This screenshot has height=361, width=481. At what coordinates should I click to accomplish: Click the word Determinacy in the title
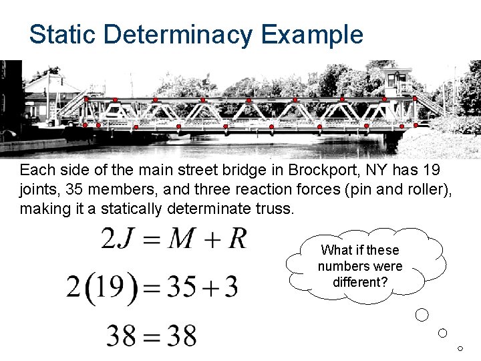pos(179,34)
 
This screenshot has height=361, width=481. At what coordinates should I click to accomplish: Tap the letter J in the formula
pos(127,239)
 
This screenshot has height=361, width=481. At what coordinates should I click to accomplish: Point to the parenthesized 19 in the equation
pos(111,287)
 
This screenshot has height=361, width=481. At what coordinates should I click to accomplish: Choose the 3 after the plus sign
pos(230,287)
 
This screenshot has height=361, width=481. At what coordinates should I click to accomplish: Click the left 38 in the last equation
pos(121,336)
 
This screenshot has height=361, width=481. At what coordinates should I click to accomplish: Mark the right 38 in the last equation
pos(182,336)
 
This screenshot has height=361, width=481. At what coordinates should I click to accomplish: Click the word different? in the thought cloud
pos(360,282)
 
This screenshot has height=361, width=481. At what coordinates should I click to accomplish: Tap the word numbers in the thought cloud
pos(360,266)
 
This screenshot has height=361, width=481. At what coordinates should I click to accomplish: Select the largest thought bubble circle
pos(422,315)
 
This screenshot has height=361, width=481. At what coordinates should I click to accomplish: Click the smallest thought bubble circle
pos(460,348)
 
